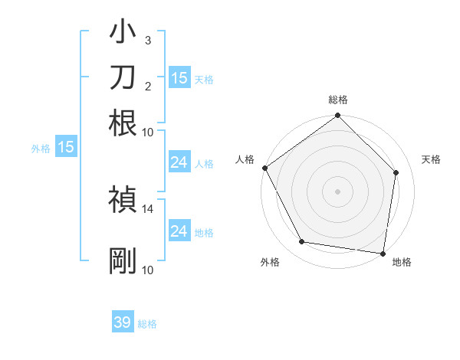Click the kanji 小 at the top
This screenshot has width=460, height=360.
tap(123, 34)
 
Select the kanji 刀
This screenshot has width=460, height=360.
tap(123, 77)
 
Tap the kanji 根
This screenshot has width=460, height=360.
tap(123, 122)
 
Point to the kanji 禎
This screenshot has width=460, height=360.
tap(123, 198)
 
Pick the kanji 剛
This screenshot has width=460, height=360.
tap(123, 261)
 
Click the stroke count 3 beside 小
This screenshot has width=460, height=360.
tap(148, 40)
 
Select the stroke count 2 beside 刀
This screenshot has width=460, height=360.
tap(148, 86)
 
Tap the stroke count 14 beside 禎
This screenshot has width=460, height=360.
tap(148, 208)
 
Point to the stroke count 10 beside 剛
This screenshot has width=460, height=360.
tap(148, 269)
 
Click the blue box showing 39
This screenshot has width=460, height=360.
tap(123, 322)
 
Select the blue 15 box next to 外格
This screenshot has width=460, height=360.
tap(66, 147)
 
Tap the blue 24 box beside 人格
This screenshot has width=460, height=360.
tap(179, 162)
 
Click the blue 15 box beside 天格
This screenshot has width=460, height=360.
tap(179, 77)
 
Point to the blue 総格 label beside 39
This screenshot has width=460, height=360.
tap(147, 324)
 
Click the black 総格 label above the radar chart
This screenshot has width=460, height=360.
tap(338, 100)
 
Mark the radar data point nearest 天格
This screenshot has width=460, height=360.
tap(396, 173)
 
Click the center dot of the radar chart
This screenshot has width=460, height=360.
tap(338, 191)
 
